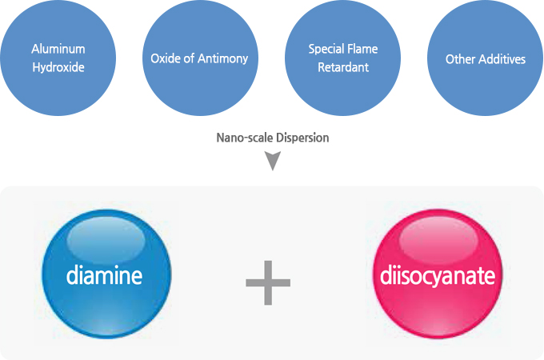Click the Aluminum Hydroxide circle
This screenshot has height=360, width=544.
(58, 58)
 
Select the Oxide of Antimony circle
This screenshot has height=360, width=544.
(199, 58)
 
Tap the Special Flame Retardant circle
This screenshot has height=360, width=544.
(342, 58)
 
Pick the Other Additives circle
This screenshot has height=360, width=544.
(485, 58)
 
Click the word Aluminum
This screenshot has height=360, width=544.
(58, 50)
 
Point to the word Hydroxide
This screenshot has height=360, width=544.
(58, 68)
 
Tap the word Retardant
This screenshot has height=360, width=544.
(342, 68)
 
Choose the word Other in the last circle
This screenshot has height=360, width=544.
(459, 59)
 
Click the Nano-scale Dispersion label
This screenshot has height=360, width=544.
(272, 138)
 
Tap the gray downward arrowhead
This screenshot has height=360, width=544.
(273, 162)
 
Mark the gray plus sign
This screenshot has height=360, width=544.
(268, 282)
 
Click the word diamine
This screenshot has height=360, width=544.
(104, 278)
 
